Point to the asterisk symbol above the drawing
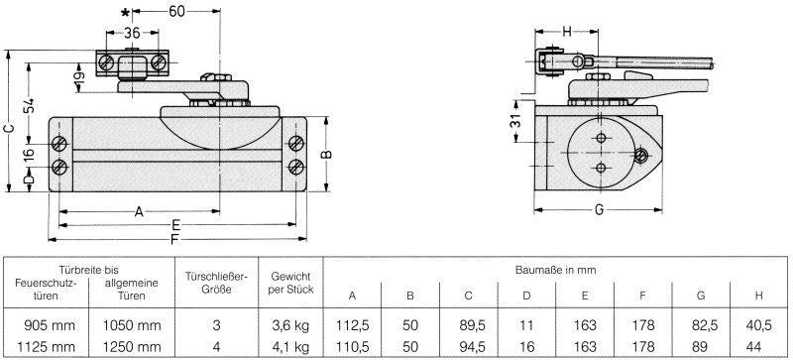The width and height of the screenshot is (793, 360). (125, 11)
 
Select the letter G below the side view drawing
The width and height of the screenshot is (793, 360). (600, 210)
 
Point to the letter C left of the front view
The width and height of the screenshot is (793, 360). (9, 127)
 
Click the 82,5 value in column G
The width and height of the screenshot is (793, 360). (702, 324)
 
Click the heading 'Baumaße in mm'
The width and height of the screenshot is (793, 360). (554, 269)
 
